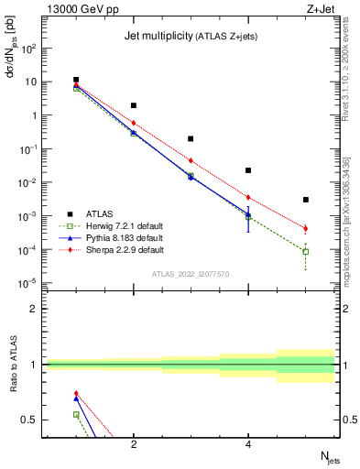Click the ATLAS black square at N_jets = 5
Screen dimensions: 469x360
pyautogui.click(x=306, y=200)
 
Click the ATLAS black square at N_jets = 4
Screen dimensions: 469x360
pyautogui.click(x=248, y=170)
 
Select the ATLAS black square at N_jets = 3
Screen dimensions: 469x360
pyautogui.click(x=191, y=139)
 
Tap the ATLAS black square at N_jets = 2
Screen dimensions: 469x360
pyautogui.click(x=134, y=105)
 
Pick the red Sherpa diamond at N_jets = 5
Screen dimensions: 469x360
pyautogui.click(x=306, y=228)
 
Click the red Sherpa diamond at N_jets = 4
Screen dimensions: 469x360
pyautogui.click(x=248, y=197)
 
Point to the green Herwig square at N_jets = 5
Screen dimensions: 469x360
pyautogui.click(x=306, y=251)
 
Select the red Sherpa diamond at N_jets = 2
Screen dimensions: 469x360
pyautogui.click(x=134, y=123)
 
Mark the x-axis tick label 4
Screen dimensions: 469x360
pyautogui.click(x=248, y=445)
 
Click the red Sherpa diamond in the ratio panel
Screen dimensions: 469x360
pyautogui.click(x=76, y=393)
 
